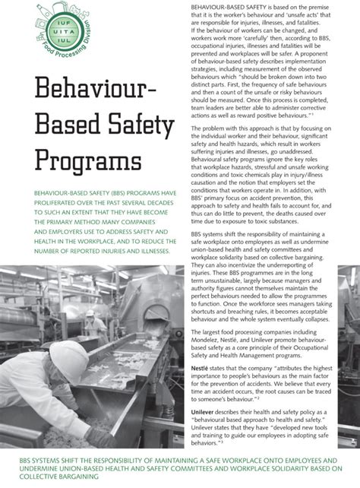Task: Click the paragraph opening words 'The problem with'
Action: click(x=214, y=129)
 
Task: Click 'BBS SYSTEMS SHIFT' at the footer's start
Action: click(x=53, y=461)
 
